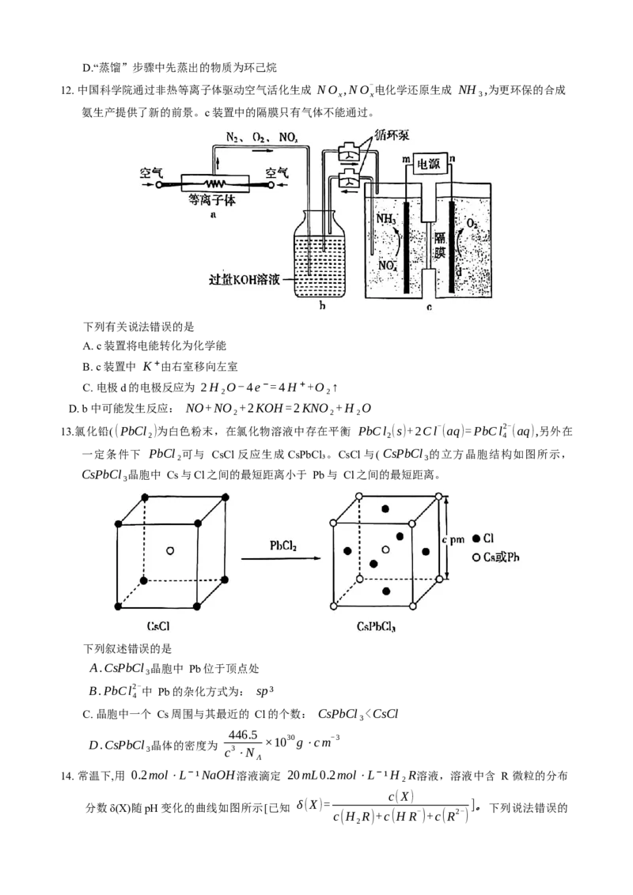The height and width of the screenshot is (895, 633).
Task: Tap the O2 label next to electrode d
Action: pyautogui.click(x=472, y=225)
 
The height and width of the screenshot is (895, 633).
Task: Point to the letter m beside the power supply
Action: pyautogui.click(x=406, y=160)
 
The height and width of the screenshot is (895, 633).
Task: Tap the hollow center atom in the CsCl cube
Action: pyautogui.click(x=170, y=550)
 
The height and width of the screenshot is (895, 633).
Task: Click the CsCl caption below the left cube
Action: pyautogui.click(x=158, y=626)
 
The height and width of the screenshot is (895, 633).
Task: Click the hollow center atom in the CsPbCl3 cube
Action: pyautogui.click(x=386, y=549)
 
